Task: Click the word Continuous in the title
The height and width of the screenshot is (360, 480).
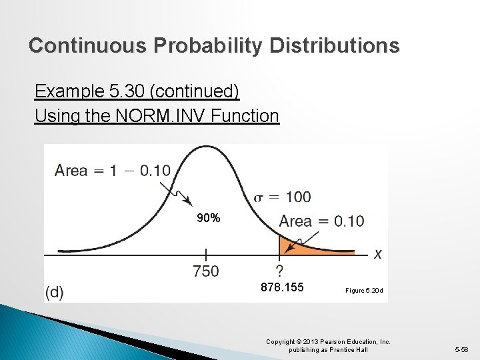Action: (88, 46)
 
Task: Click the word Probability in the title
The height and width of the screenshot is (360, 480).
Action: (209, 46)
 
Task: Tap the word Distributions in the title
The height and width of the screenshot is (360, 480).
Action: (335, 46)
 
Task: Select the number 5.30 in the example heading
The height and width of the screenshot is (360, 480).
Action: (141, 91)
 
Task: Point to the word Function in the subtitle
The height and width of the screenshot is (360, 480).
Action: (245, 116)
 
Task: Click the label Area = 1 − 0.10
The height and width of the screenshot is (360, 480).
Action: (113, 171)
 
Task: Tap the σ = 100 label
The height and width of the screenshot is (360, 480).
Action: (283, 197)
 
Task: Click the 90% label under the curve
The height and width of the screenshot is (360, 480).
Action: (209, 218)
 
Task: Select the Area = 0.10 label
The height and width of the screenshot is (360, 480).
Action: (321, 221)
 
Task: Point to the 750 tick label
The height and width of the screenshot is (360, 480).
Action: (205, 271)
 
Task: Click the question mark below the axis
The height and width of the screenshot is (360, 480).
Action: (279, 270)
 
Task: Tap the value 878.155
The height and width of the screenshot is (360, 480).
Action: (282, 287)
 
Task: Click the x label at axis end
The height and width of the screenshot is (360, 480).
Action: (378, 254)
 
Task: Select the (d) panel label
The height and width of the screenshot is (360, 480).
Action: (55, 292)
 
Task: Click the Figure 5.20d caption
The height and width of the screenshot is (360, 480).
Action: (364, 291)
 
